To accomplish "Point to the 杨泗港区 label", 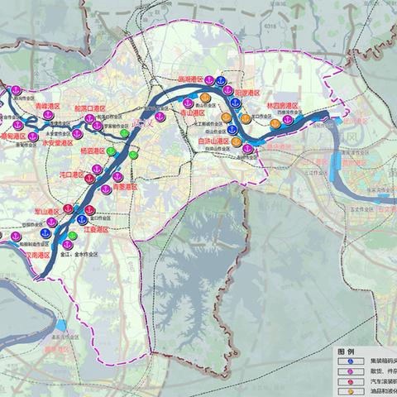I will click(94, 151).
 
